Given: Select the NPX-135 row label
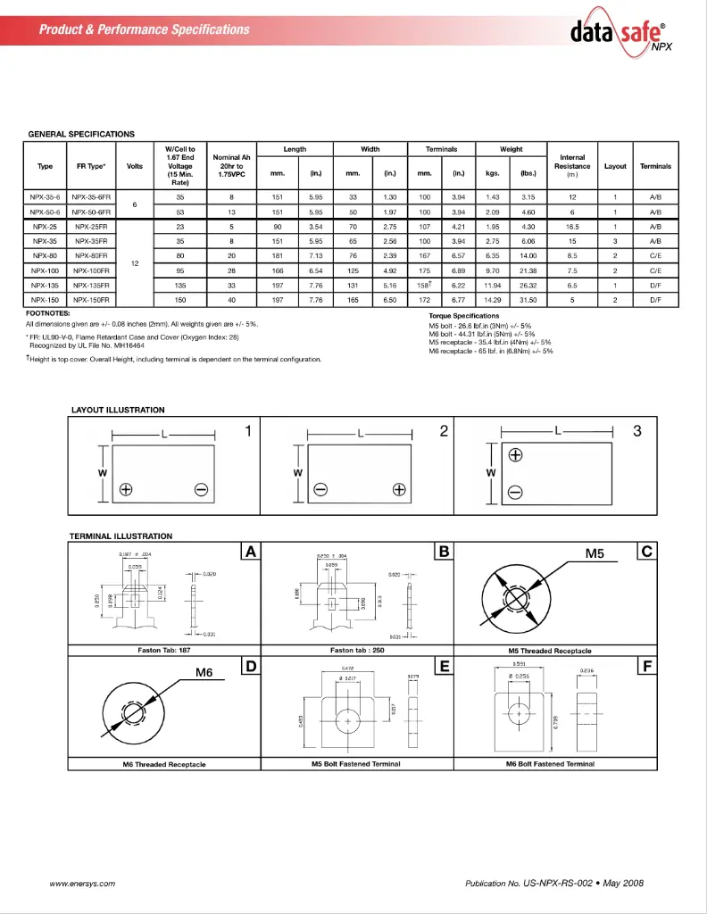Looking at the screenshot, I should point(45,285).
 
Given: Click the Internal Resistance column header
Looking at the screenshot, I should point(571,166).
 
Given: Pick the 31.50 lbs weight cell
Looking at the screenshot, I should point(528,300).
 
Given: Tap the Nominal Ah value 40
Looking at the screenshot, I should point(231,300).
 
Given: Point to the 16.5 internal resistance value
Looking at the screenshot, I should point(571,227).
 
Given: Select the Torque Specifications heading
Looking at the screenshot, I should point(463,316).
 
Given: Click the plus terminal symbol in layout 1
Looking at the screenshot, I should point(126,489).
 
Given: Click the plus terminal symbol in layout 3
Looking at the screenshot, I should point(515,456).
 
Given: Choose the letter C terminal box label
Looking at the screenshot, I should point(647,552).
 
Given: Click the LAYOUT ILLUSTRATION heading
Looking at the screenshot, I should point(118,410).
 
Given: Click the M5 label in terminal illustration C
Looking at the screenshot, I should point(595,553).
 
